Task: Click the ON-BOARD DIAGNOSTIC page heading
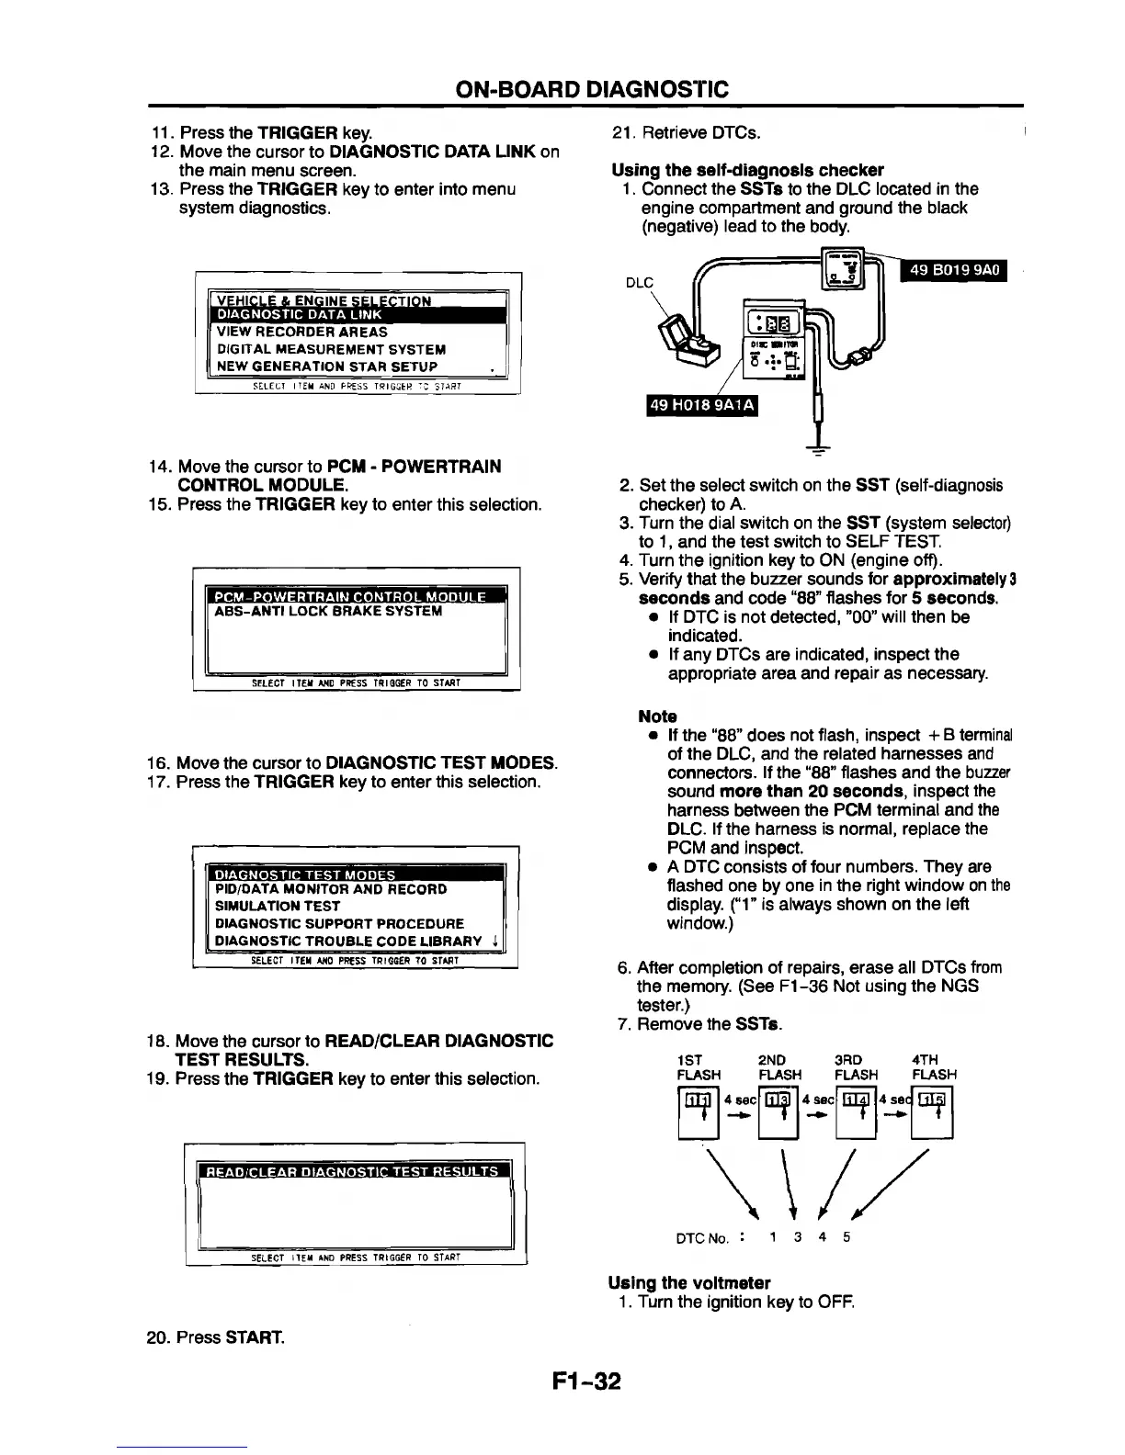(592, 88)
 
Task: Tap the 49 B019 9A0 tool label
(955, 270)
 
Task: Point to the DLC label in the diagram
(639, 283)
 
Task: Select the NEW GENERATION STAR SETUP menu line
(327, 367)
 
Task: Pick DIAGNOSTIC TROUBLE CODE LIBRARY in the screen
(348, 941)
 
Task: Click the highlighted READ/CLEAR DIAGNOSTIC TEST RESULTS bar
(354, 1171)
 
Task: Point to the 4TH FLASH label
(934, 1066)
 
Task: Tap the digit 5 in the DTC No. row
(846, 1236)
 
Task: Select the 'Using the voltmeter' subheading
(689, 1281)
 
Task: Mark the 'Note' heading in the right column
(657, 716)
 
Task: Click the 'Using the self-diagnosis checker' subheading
(747, 170)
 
